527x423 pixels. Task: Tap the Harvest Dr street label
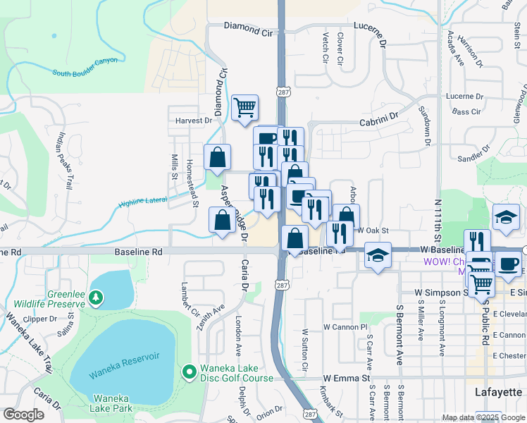pos(194,121)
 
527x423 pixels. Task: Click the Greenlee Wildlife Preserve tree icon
pos(96,299)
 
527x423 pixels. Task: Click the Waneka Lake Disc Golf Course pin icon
pos(189,371)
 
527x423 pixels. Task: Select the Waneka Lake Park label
pos(111,403)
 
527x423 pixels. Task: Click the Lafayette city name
pos(497,391)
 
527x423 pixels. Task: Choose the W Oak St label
pos(373,231)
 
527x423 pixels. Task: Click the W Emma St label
pos(347,379)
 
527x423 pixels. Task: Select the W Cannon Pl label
pos(346,327)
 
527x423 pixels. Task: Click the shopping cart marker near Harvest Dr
pos(244,108)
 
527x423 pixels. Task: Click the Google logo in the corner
pos(23,415)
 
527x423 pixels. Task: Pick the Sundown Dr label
pos(425,127)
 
